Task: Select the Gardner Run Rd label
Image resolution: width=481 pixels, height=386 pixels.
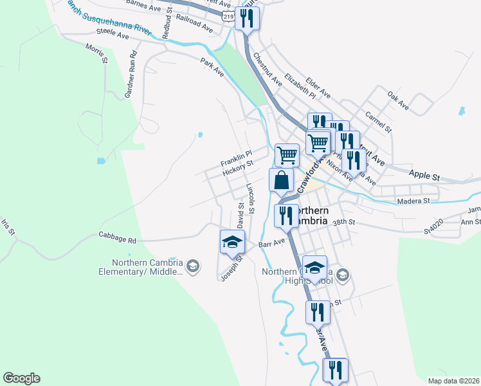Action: pyautogui.click(x=131, y=74)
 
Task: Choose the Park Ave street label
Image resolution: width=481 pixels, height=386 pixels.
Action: pyautogui.click(x=212, y=68)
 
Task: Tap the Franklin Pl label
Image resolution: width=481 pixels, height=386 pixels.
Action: pyautogui.click(x=235, y=157)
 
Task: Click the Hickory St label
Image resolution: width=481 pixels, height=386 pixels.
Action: pyautogui.click(x=238, y=169)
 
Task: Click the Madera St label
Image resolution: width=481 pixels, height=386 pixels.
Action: pyautogui.click(x=414, y=201)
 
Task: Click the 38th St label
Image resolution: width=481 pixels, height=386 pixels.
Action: pyautogui.click(x=344, y=222)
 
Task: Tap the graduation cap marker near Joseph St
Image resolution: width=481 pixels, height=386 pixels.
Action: pyautogui.click(x=233, y=242)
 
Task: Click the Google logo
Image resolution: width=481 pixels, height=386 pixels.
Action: pyautogui.click(x=21, y=378)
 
